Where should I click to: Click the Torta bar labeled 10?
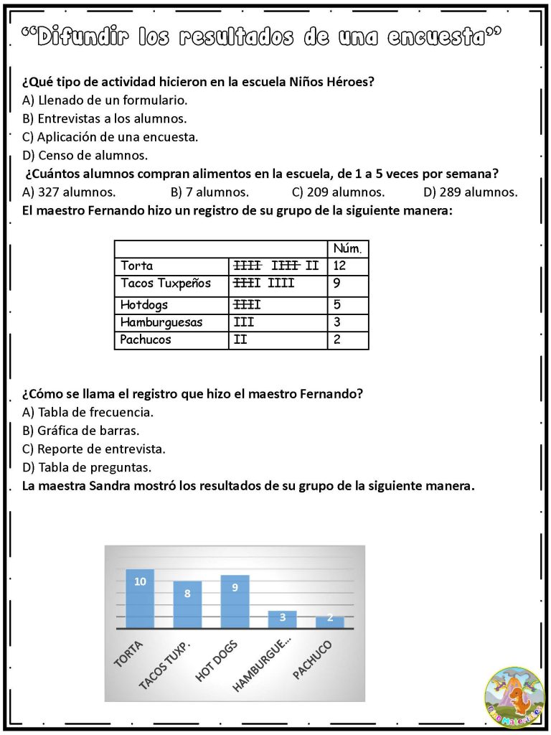[140, 599]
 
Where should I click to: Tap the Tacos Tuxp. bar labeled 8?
[187, 605]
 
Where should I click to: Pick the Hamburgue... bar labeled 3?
[282, 619]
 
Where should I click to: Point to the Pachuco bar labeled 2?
[330, 622]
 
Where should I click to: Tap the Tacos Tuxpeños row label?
[166, 284]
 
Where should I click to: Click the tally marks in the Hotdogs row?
[247, 304]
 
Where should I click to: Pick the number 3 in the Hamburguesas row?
[337, 322]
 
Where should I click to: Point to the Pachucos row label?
[146, 340]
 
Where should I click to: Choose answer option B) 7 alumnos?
[209, 192]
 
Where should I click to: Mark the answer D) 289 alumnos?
[470, 192]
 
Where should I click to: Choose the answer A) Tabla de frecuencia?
[88, 413]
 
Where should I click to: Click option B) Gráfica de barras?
[80, 431]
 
